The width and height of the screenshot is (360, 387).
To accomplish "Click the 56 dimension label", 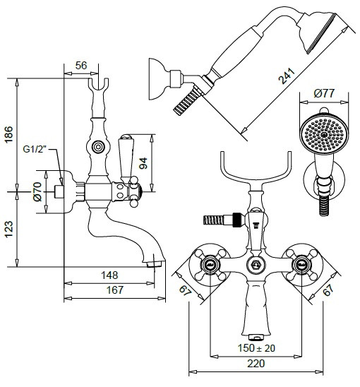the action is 81,66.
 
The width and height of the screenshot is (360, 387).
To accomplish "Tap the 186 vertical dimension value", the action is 8,134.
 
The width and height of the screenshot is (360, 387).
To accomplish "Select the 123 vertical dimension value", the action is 8,229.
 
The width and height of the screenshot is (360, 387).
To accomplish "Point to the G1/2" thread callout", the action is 35,149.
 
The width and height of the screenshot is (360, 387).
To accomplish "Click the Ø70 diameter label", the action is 37,191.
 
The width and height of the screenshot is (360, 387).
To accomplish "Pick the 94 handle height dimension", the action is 143,163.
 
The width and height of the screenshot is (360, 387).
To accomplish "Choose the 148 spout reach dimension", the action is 109,275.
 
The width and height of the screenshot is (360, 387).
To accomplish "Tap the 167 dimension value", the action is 115,290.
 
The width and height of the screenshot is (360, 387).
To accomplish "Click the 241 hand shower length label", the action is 287,76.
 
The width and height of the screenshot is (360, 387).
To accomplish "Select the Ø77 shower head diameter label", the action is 324,93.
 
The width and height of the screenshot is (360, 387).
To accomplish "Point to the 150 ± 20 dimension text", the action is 256,348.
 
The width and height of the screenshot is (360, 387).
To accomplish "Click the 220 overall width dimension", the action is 256,363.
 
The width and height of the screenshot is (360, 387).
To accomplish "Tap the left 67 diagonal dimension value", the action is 186,290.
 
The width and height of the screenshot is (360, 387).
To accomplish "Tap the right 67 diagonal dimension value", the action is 328,290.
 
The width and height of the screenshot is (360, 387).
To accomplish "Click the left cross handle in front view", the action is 210,265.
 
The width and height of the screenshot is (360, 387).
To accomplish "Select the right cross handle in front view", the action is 301,265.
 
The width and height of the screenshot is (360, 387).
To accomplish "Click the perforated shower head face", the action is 324,135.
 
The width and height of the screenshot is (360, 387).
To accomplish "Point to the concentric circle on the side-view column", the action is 98,147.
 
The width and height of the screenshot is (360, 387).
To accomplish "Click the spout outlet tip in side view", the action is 153,265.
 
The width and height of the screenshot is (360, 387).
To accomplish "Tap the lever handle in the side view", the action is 126,158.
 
